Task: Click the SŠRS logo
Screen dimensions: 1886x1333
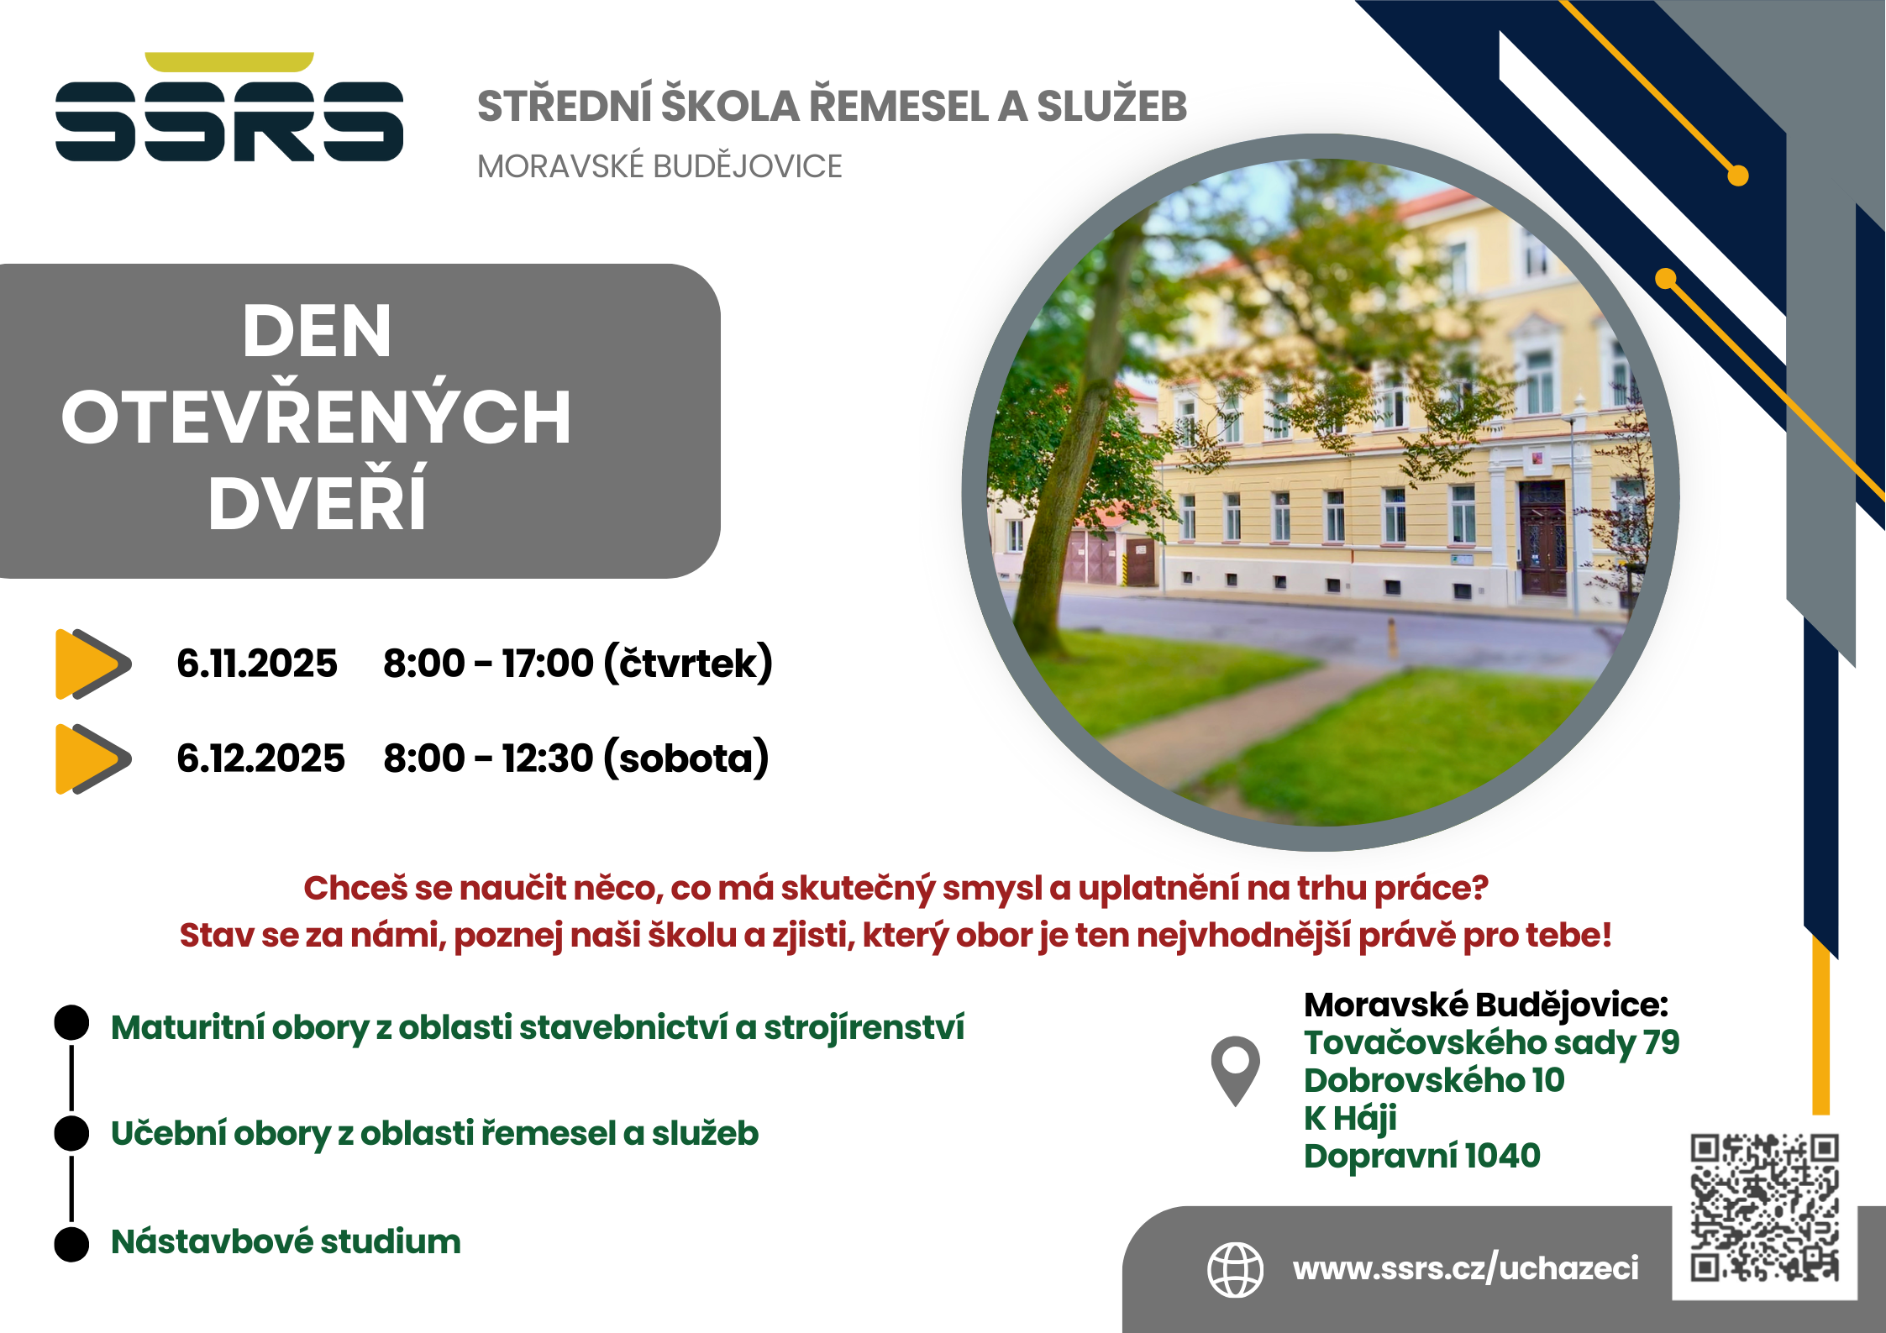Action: [229, 107]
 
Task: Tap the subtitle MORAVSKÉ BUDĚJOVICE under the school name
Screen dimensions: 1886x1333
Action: [659, 166]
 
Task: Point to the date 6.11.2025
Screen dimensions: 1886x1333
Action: [257, 664]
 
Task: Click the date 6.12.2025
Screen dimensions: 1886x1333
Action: [260, 758]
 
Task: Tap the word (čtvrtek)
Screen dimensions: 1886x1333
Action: [688, 664]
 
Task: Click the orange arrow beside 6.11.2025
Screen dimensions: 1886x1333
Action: [93, 664]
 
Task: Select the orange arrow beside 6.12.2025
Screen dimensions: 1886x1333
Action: [93, 758]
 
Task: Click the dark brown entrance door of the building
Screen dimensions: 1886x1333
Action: [1542, 538]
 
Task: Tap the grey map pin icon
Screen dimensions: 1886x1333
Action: [1235, 1071]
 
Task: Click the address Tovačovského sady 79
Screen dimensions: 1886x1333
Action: [1491, 1043]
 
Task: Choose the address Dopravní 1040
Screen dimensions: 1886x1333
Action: [1422, 1156]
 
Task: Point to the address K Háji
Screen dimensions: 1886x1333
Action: [1350, 1118]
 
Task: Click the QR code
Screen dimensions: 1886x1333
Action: [1765, 1208]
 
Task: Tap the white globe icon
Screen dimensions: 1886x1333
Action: [1235, 1269]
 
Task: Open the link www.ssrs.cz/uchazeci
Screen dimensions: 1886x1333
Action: [1466, 1268]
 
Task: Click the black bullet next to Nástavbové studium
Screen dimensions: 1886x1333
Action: [71, 1244]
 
